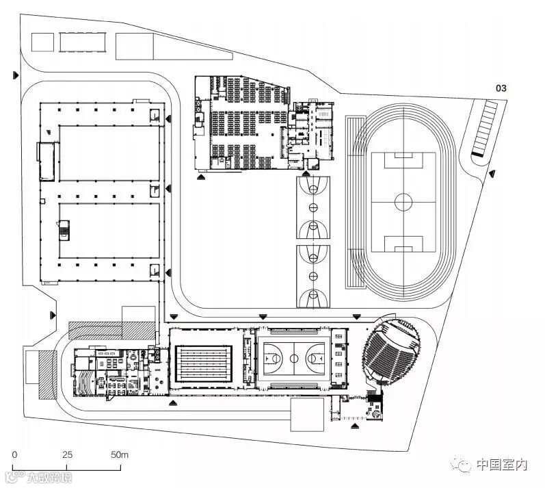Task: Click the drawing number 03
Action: pyautogui.click(x=501, y=88)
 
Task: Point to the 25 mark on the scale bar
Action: pyautogui.click(x=67, y=454)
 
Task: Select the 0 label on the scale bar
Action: pyautogui.click(x=14, y=454)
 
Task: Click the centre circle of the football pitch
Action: pyautogui.click(x=403, y=202)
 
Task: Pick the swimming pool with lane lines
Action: pyautogui.click(x=206, y=362)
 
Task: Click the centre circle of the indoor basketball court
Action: pyautogui.click(x=295, y=357)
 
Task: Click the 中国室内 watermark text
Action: pyautogui.click(x=502, y=465)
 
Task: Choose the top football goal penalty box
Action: pyautogui.click(x=403, y=162)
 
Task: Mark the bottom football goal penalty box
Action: pyautogui.click(x=403, y=243)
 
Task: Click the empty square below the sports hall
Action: pyautogui.click(x=307, y=414)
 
